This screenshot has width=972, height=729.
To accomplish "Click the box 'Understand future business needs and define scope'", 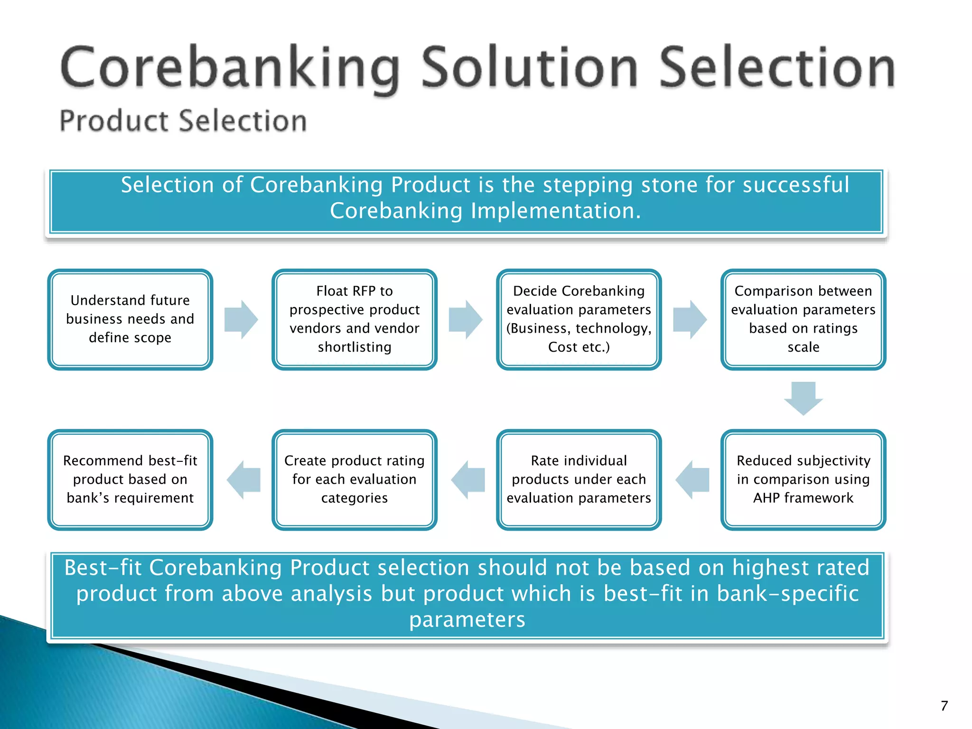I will coord(130,319).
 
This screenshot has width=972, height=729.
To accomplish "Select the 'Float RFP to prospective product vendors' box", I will coord(354,319).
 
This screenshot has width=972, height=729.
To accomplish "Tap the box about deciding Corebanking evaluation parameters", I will coord(579,319).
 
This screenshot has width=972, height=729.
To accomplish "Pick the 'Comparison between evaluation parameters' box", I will coord(803,319).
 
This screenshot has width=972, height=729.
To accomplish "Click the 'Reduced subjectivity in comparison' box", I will coord(803,479).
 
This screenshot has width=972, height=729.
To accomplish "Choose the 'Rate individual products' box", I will coord(579,479).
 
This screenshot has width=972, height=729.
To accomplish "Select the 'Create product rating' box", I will coord(354,479).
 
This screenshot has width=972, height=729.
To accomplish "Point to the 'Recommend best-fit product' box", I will coord(130,479).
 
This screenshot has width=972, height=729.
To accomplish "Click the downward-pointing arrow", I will coord(803,398).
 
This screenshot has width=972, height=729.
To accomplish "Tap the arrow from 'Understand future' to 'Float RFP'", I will coord(241,319).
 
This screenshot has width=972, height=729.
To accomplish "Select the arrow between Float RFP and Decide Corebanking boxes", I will coord(466,319).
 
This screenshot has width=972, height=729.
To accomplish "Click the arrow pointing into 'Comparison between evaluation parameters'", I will coord(690,319).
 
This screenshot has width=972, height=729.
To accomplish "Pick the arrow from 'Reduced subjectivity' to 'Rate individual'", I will coord(692,479).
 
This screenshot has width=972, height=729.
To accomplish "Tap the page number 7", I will coord(944,706).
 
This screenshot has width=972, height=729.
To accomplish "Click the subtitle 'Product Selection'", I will coord(183,121).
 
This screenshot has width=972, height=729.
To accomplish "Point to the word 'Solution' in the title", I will coord(529,68).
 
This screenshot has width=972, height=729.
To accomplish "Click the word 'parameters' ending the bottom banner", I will coord(467,619).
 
